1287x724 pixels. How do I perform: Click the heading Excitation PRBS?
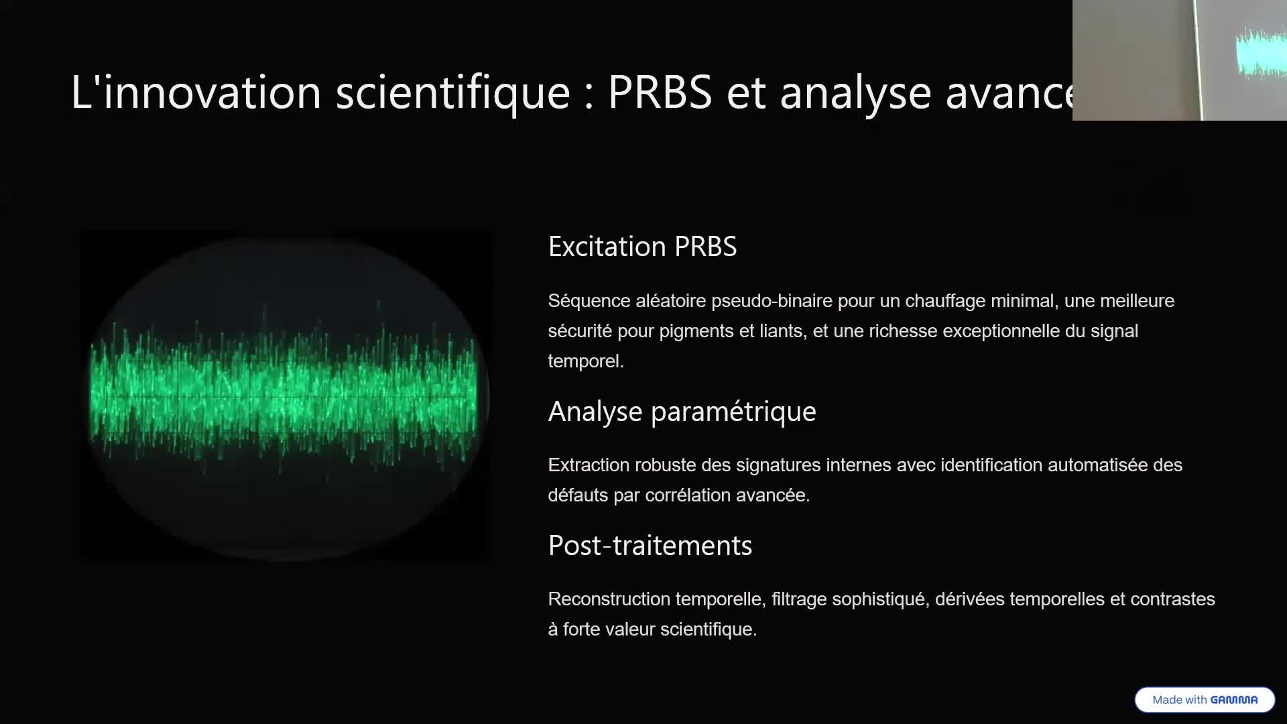[642, 247]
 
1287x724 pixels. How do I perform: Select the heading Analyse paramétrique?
[682, 412]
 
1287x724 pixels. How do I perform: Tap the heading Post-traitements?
[650, 546]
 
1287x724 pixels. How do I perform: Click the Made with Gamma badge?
[1205, 699]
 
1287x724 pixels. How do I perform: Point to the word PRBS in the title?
[660, 92]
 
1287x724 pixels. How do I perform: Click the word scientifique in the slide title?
[452, 92]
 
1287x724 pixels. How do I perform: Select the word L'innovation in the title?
[196, 92]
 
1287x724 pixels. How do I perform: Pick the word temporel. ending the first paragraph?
[585, 361]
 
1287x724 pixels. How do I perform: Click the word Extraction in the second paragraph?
[588, 465]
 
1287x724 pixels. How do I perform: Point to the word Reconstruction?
[608, 599]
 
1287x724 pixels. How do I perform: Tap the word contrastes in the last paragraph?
[1172, 599]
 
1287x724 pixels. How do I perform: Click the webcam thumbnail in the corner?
[1179, 60]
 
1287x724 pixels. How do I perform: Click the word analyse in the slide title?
[855, 92]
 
